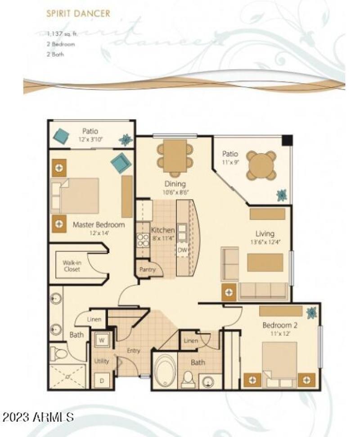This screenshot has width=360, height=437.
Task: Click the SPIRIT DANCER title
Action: pos(78,13)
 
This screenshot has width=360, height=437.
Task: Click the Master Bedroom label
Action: pos(99,224)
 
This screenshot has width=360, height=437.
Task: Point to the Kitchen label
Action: pos(162,230)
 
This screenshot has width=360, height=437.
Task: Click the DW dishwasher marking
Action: pos(182,250)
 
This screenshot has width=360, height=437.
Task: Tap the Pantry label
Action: pos(147,270)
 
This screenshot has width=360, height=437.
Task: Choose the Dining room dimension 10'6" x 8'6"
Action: pos(175,192)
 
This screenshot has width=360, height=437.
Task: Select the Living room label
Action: pos(265,233)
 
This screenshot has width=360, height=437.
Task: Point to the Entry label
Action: pos(133,351)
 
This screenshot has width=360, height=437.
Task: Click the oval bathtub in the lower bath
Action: pos(165,371)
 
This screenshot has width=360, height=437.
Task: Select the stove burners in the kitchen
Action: pos(143,240)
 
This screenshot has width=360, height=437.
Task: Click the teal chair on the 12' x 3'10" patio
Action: pos(61,135)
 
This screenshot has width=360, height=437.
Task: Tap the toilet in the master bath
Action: pos(59,353)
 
